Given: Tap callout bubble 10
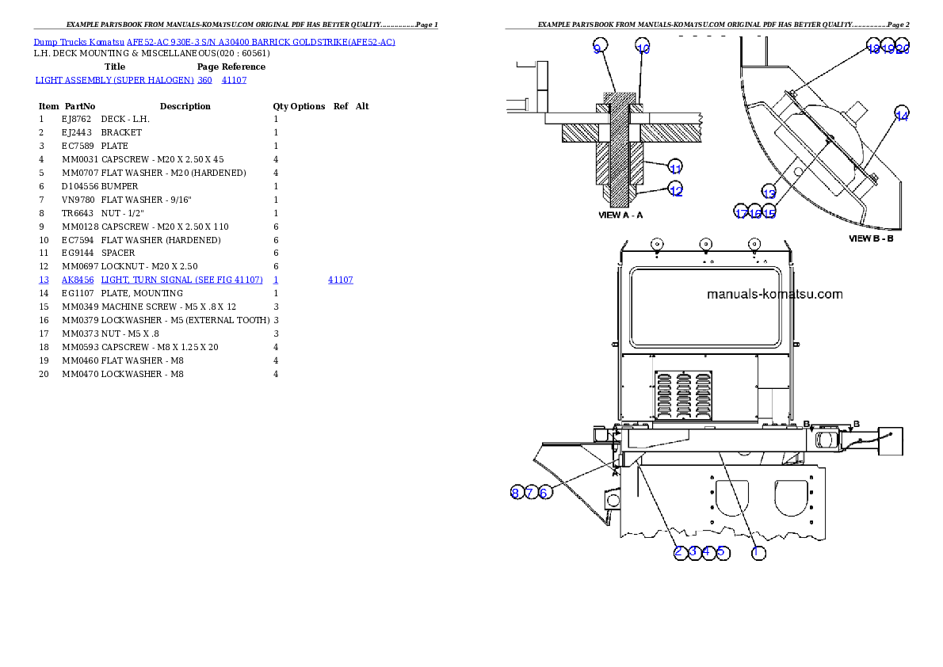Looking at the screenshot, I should tap(643, 48).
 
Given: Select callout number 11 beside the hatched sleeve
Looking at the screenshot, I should tap(675, 168).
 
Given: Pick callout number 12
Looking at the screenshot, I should tap(675, 190).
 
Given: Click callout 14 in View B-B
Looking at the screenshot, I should tap(902, 116).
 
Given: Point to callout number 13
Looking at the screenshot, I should tap(769, 192).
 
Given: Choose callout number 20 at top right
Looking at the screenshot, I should tap(903, 48).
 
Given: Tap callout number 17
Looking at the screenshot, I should tap(741, 213).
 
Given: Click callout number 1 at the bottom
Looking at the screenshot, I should tap(758, 552).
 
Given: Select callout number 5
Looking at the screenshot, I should tap(722, 552).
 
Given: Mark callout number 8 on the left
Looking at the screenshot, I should tap(515, 493).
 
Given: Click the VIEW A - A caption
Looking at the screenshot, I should tap(620, 215).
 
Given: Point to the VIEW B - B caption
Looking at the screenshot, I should tap(871, 238).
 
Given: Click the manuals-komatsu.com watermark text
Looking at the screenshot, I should tap(774, 295).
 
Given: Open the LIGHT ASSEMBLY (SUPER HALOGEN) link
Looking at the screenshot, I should tap(114, 80).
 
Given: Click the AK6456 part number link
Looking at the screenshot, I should tap(78, 280).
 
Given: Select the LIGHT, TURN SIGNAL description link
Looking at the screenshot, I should tap(181, 280).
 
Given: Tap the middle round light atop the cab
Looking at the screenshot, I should tap(705, 244).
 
